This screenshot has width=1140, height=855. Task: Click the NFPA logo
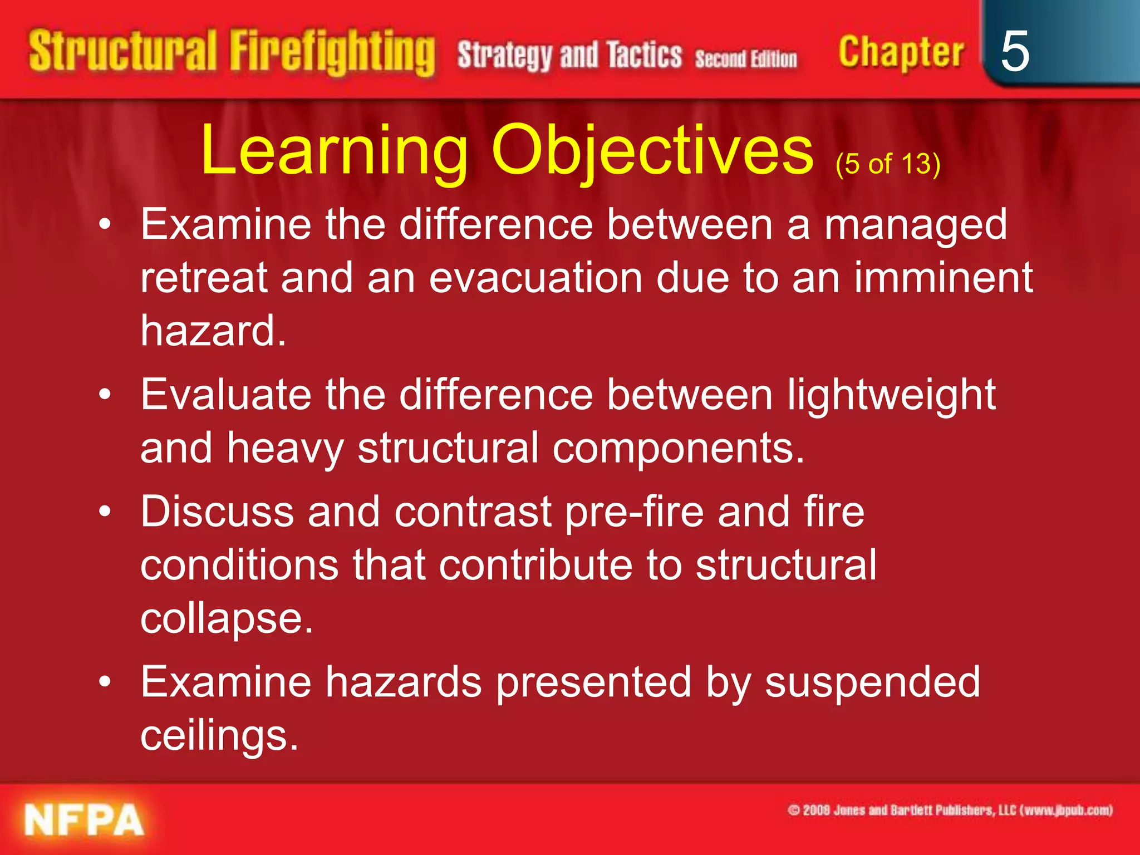[83, 820]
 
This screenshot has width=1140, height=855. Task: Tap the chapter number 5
[1014, 51]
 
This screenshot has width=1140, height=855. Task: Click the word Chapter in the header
[901, 53]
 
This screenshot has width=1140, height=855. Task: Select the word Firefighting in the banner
[332, 53]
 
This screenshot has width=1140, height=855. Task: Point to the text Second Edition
[745, 58]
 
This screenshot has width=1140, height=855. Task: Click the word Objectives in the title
[652, 150]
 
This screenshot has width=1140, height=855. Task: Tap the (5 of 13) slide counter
[888, 164]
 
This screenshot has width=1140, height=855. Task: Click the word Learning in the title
[334, 150]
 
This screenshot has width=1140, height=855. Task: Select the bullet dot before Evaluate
[105, 395]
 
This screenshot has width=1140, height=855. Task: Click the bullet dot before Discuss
[105, 512]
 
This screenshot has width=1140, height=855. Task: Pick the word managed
[915, 225]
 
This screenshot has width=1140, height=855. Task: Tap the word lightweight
[891, 396]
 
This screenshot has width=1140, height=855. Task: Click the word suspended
[872, 682]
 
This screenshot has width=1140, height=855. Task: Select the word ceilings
[219, 736]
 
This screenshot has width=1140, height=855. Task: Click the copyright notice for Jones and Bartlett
[950, 810]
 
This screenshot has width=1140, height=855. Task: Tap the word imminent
[943, 278]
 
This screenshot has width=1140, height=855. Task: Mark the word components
[678, 448]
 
